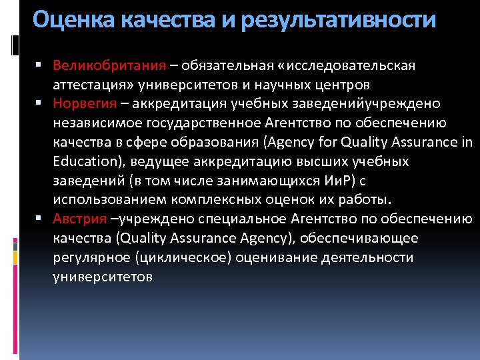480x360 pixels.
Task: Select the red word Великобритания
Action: pos(109,66)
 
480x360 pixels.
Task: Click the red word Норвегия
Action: pos(84,104)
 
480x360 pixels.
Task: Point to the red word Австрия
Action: pos(80,219)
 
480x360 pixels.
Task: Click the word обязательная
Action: pos(229,66)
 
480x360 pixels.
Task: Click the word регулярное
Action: pos(91,257)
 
